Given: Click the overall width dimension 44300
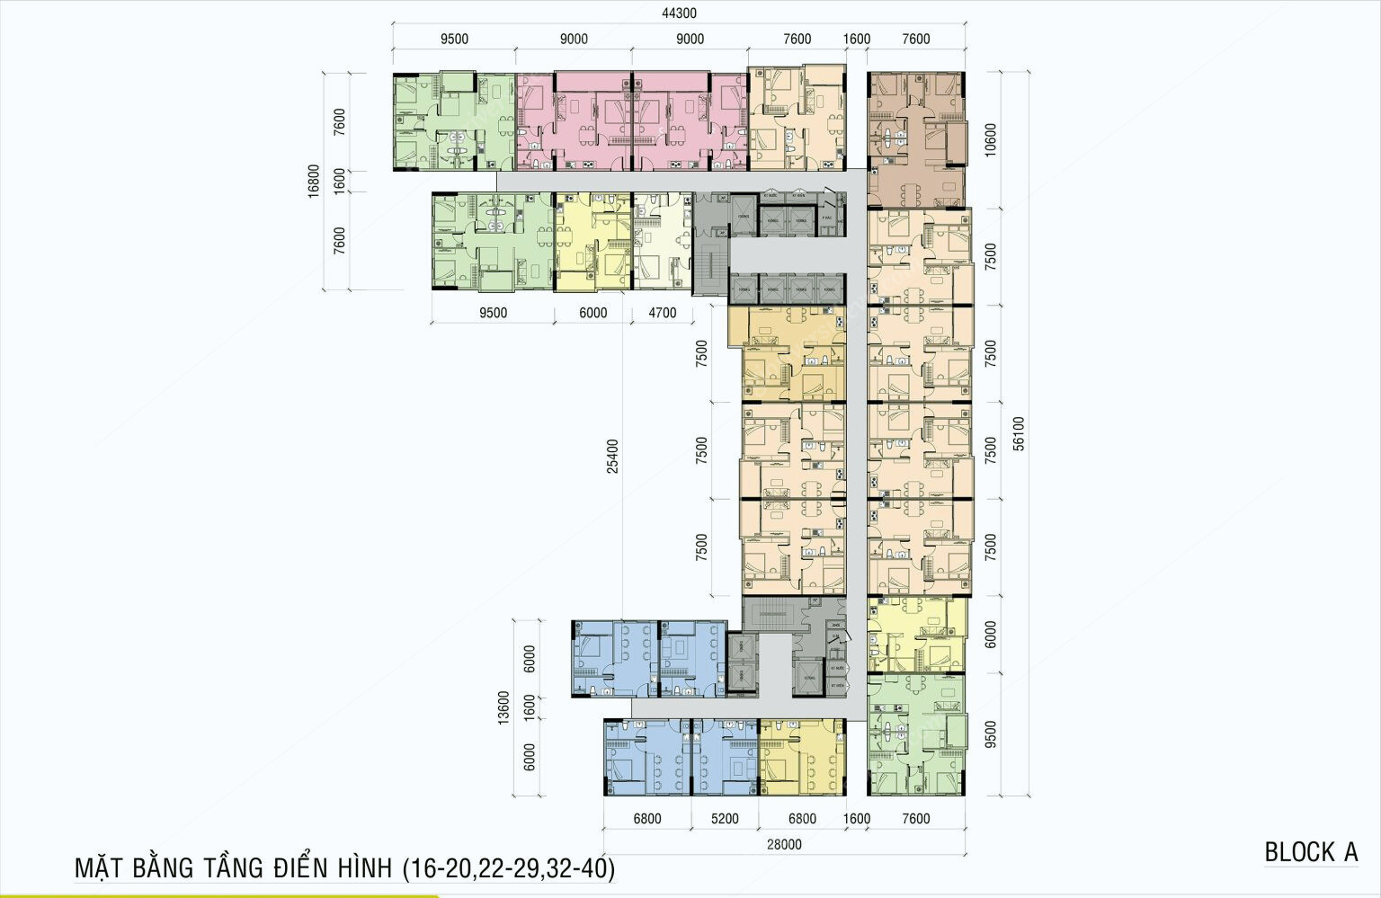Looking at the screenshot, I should (x=679, y=13).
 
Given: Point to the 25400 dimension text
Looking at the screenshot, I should (x=612, y=456).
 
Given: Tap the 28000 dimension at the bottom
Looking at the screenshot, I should (x=784, y=844).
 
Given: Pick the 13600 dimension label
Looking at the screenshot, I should (x=503, y=707).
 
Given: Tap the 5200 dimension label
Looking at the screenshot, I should (x=724, y=819).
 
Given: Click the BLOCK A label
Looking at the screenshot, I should (x=1311, y=852).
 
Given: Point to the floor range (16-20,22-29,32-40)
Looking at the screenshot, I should (x=509, y=868).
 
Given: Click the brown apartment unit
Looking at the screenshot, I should (x=915, y=139).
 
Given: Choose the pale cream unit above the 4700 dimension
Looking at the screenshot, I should (x=662, y=241).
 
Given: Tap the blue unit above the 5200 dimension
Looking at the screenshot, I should (x=724, y=757).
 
